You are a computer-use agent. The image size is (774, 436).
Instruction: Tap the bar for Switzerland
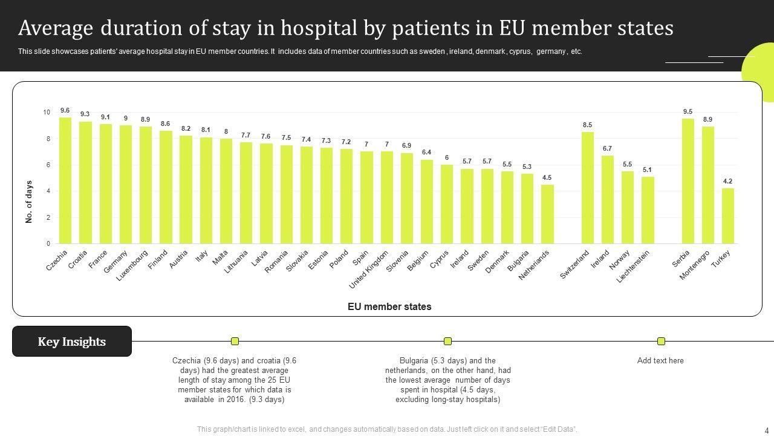[x=587, y=188]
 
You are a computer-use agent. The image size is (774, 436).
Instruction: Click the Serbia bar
[x=688, y=181]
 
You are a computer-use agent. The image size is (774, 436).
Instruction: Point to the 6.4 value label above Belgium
[x=427, y=152]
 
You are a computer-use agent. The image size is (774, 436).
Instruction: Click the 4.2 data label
[x=728, y=181]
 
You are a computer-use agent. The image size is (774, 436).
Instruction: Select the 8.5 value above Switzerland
[x=587, y=125]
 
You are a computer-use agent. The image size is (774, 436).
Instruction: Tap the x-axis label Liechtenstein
[x=634, y=266]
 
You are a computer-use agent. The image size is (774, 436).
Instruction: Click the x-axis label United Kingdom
[x=369, y=269]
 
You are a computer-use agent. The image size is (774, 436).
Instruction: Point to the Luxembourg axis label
[x=132, y=265]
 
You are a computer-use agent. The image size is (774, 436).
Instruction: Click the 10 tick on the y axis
[x=47, y=113]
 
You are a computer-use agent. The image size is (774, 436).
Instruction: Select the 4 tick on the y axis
[x=48, y=191]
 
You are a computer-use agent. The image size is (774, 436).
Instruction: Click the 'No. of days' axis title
[x=29, y=202]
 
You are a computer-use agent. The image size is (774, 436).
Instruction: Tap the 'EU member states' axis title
[x=389, y=306]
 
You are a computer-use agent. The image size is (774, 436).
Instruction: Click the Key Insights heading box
[x=72, y=342]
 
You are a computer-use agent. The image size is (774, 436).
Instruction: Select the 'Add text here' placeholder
[x=660, y=361]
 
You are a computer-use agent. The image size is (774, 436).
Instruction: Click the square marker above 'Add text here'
[x=661, y=341]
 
